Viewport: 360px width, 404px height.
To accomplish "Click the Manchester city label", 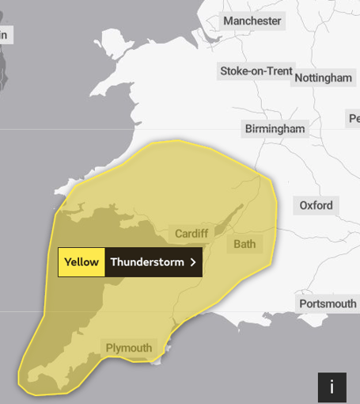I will click(x=252, y=21).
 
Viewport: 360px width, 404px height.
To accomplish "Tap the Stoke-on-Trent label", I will click(x=256, y=71).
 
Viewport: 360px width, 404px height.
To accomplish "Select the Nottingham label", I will click(x=323, y=78).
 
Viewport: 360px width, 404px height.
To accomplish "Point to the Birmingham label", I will click(x=275, y=128).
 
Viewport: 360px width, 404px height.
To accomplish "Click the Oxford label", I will click(x=316, y=206).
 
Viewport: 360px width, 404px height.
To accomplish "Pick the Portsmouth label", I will click(x=328, y=304).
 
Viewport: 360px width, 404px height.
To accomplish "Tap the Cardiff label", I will click(x=191, y=234).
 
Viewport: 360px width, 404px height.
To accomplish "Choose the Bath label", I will click(x=244, y=244).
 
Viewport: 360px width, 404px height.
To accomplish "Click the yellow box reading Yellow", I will click(x=81, y=262).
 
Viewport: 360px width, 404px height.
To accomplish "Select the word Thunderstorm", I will click(x=146, y=262).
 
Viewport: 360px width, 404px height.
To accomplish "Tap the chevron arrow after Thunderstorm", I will click(x=193, y=262).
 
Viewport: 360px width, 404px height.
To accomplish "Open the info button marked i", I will click(x=332, y=387).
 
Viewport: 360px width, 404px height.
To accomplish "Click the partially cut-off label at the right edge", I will click(x=354, y=119).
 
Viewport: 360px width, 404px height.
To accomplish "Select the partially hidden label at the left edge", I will click(x=5, y=35).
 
